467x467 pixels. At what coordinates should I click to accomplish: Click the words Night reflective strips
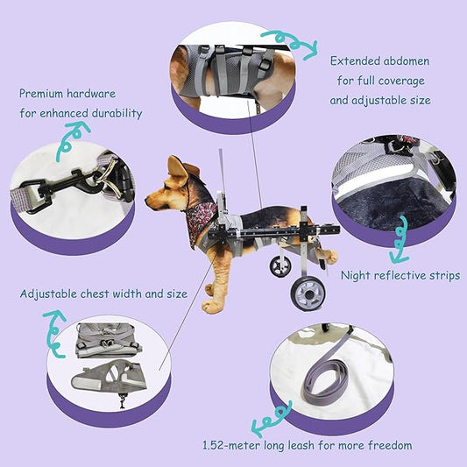[x=400, y=276]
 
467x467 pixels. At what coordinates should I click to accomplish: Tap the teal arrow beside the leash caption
[x=264, y=426]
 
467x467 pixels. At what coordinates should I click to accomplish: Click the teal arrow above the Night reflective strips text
[x=400, y=241]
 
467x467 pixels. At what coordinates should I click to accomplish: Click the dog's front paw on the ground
[x=211, y=307]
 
